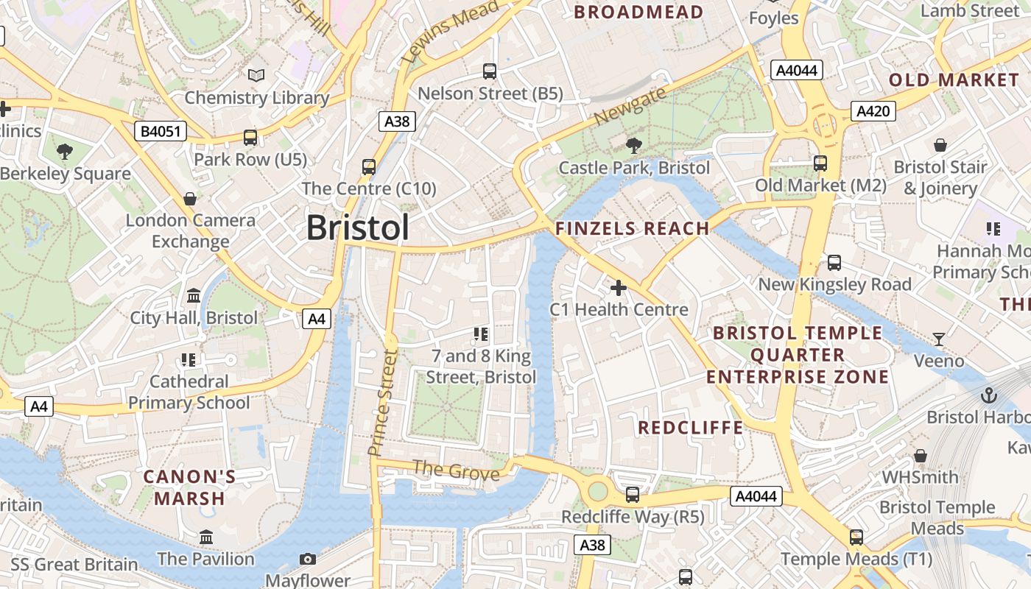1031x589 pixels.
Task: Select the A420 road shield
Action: click(x=873, y=111)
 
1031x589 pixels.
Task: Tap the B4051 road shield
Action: click(x=161, y=132)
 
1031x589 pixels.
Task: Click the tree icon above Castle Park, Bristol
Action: click(x=633, y=146)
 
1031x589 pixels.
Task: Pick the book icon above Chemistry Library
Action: click(x=256, y=75)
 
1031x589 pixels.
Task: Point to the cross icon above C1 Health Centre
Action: click(x=619, y=287)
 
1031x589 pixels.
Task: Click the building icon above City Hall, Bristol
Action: click(x=194, y=295)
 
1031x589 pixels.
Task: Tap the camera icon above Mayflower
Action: click(x=308, y=560)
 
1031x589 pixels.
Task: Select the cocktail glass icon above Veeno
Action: click(x=939, y=339)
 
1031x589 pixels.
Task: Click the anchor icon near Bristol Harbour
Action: click(x=988, y=395)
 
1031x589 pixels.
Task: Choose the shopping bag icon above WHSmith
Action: click(x=920, y=456)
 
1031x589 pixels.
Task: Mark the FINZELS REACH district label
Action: click(x=633, y=228)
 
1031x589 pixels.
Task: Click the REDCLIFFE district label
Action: click(x=690, y=428)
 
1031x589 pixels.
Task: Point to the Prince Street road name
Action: click(x=383, y=402)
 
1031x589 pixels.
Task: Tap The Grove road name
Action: click(x=456, y=470)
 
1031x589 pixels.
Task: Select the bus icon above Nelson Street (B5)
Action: click(x=490, y=71)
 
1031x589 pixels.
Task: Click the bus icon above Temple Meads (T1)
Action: click(x=856, y=537)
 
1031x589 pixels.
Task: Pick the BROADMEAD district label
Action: click(x=638, y=12)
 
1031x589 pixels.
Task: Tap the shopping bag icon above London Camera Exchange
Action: click(x=190, y=199)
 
